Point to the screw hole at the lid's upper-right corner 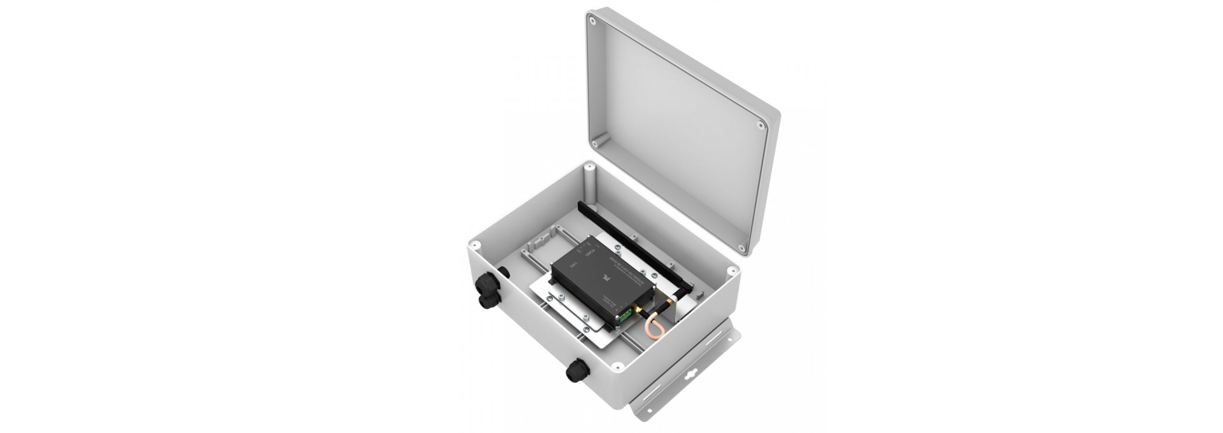tap(761, 125)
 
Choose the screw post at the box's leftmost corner tap(475, 244)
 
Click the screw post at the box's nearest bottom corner tap(617, 367)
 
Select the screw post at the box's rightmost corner tap(730, 272)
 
